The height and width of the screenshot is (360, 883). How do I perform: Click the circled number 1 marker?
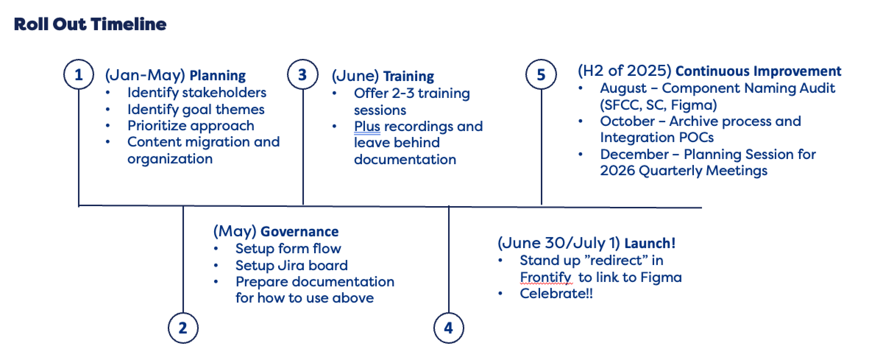coord(78,74)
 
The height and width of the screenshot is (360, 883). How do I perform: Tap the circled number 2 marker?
coord(183,328)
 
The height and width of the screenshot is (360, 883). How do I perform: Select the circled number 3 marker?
coord(302,74)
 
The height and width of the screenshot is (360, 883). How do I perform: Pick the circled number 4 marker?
coord(448,328)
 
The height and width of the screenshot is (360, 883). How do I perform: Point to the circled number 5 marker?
coord(541,74)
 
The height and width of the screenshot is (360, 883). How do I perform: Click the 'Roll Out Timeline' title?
coord(90,24)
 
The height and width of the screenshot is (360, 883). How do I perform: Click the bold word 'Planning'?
coord(217,75)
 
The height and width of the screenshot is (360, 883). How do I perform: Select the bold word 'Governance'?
coord(299,232)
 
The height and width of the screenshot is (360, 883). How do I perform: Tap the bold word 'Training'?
coord(408,76)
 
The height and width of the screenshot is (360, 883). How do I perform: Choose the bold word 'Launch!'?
coord(650,243)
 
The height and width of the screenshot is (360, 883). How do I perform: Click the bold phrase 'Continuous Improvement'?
coord(758,71)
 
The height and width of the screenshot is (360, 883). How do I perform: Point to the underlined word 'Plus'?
coord(366,126)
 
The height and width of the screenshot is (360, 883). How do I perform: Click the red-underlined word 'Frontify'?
coord(545,277)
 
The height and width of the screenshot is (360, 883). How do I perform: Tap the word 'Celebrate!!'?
coord(556,293)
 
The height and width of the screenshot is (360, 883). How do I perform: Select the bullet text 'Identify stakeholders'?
coord(196,92)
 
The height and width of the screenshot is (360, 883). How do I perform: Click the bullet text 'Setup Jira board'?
coord(291,265)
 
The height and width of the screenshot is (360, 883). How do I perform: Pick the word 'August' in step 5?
coord(623,88)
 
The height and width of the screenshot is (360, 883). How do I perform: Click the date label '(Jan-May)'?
coord(145,75)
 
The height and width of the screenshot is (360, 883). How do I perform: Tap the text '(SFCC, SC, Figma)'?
coord(658,105)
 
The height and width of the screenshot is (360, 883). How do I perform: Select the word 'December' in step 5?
coord(634,154)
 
